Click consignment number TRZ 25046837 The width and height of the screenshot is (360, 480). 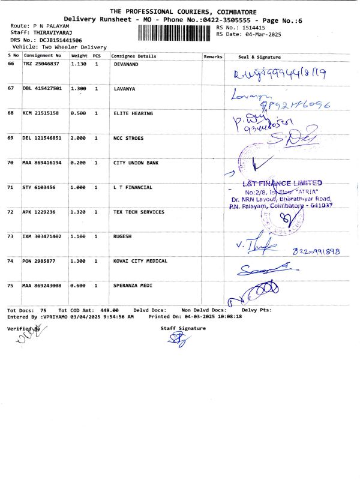coord(41,63)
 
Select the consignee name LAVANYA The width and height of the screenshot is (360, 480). coord(126,88)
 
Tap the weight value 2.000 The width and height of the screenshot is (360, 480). coord(79,137)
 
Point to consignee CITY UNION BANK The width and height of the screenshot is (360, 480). coord(136,163)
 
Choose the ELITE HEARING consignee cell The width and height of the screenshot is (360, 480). coord(133,113)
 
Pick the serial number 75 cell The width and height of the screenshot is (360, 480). coord(11,286)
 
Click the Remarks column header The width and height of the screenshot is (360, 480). coord(213,56)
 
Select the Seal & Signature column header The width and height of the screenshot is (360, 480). coord(259,56)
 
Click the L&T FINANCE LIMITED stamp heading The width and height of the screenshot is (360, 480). coord(282,183)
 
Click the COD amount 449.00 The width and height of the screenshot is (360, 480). coord(108,310)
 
